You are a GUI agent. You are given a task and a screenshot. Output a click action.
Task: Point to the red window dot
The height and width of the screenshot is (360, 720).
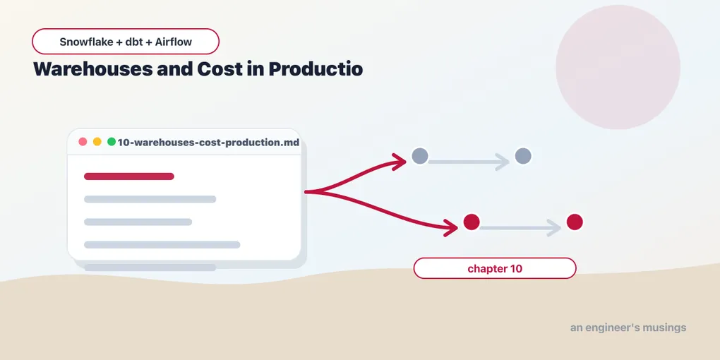click(x=83, y=142)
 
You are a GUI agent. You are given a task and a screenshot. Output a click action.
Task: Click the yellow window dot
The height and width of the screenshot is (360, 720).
click(x=97, y=142)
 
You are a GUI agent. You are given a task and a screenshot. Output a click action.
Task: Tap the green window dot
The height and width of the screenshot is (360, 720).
click(x=111, y=142)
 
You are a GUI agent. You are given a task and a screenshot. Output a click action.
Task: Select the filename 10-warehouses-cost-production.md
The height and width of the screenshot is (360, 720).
click(x=208, y=143)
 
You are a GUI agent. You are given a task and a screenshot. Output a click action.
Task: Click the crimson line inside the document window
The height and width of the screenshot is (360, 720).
click(x=129, y=176)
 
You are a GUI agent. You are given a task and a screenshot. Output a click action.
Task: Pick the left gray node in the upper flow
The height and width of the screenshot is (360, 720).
click(x=420, y=156)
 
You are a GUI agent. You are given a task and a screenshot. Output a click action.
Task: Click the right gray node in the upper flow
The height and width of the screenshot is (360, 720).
click(x=523, y=156)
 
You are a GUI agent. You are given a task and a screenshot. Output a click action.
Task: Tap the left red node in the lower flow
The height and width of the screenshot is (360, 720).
click(x=472, y=222)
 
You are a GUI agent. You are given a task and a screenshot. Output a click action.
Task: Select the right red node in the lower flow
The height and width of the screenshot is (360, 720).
click(x=575, y=222)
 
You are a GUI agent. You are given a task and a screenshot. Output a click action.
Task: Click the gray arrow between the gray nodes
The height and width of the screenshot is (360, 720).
click(x=469, y=162)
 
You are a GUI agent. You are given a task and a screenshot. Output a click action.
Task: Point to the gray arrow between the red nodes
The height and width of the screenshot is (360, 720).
click(x=520, y=228)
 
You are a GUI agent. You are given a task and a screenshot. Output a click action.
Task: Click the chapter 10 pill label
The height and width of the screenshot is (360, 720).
click(x=495, y=269)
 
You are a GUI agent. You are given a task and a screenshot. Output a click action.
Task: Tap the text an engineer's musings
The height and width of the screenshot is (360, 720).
click(x=628, y=328)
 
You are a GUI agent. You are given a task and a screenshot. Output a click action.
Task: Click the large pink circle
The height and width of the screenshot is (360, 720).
click(x=618, y=67)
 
